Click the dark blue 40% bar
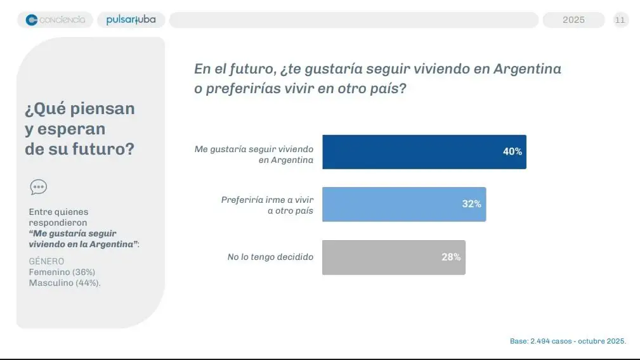click(424, 152)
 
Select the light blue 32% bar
click(404, 204)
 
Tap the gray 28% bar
click(393, 257)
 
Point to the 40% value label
click(512, 152)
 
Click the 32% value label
click(471, 204)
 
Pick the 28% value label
click(451, 257)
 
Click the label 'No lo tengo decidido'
click(270, 257)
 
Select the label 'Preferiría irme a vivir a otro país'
click(267, 205)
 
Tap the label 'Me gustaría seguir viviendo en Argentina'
click(254, 155)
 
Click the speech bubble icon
click(38, 187)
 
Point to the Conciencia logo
click(55, 20)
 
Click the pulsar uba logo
click(131, 20)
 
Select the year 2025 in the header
click(573, 20)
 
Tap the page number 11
click(620, 20)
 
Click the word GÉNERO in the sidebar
click(46, 261)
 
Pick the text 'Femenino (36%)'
click(62, 272)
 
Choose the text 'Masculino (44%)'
click(65, 283)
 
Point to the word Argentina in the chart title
click(528, 69)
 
